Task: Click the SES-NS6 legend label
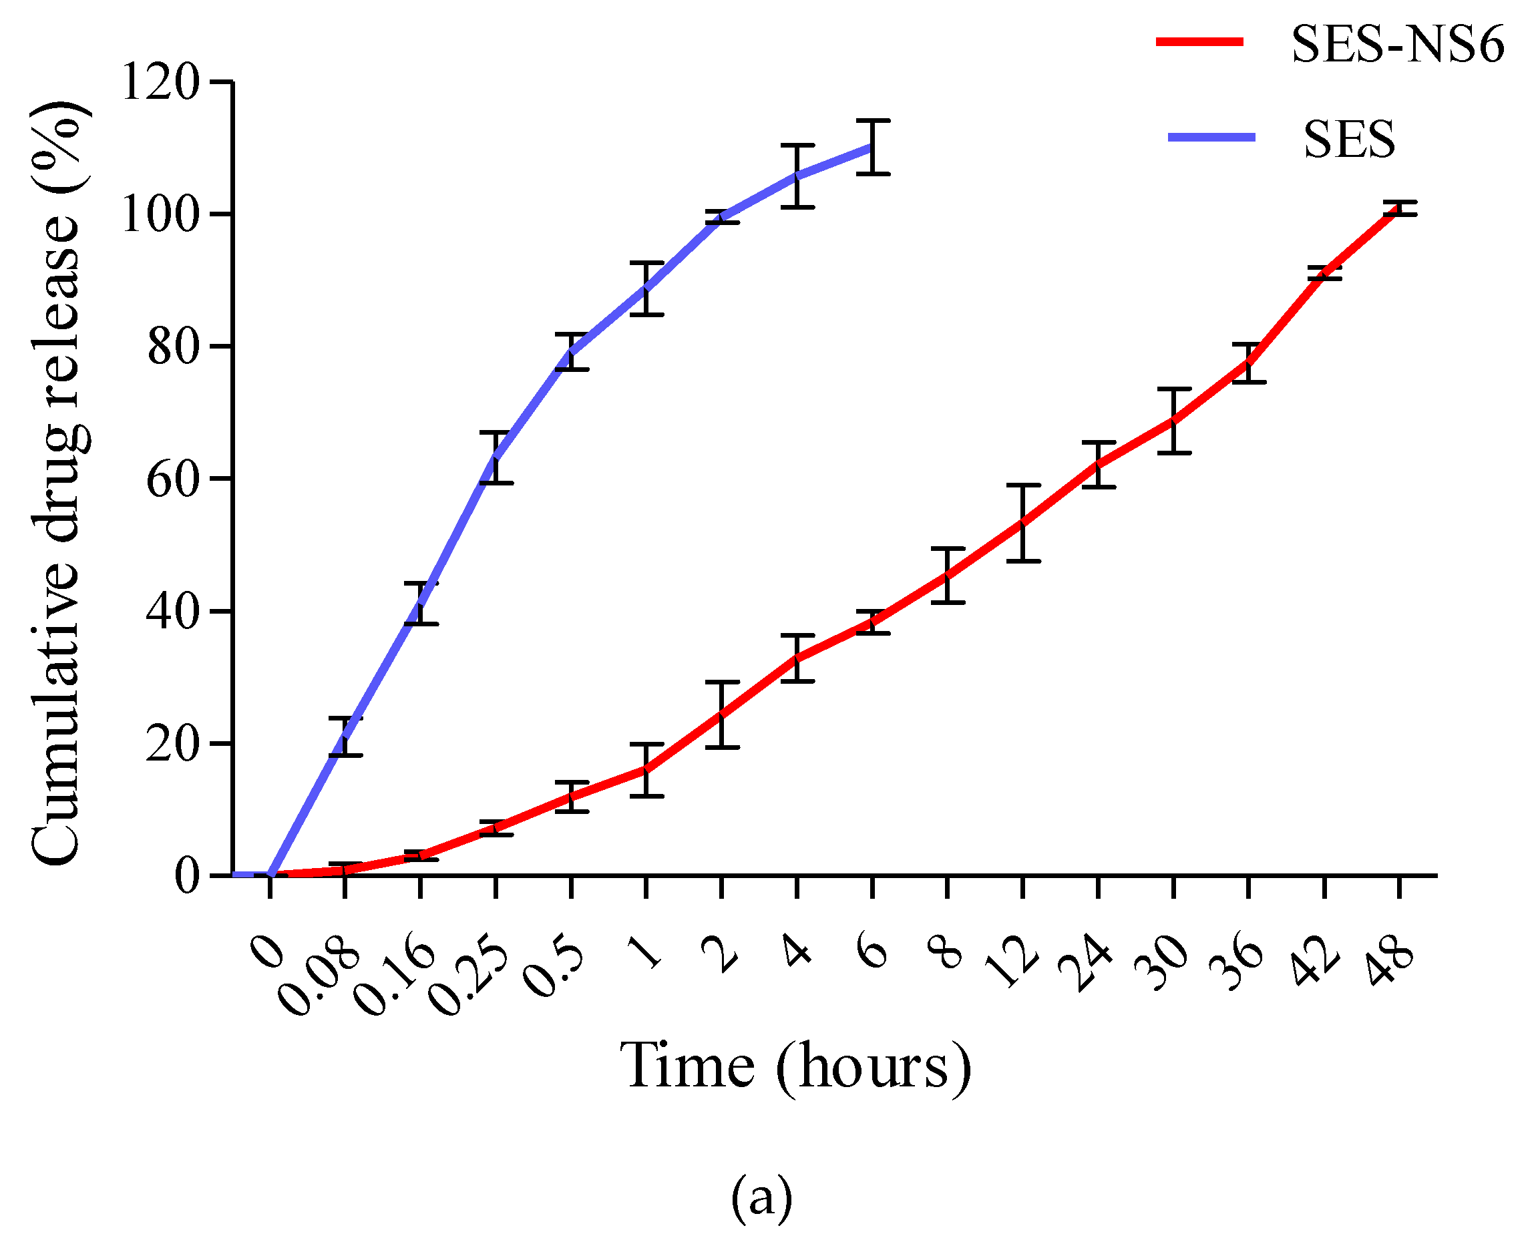click(x=1397, y=45)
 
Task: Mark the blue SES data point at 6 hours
click(x=872, y=146)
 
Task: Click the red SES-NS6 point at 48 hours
click(x=1400, y=208)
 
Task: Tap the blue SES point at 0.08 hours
click(x=345, y=737)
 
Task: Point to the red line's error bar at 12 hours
click(x=1023, y=524)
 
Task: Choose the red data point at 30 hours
click(x=1173, y=421)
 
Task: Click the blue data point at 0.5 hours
click(x=571, y=352)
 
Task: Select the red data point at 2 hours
click(x=721, y=714)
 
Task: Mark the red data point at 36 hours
click(x=1249, y=363)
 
